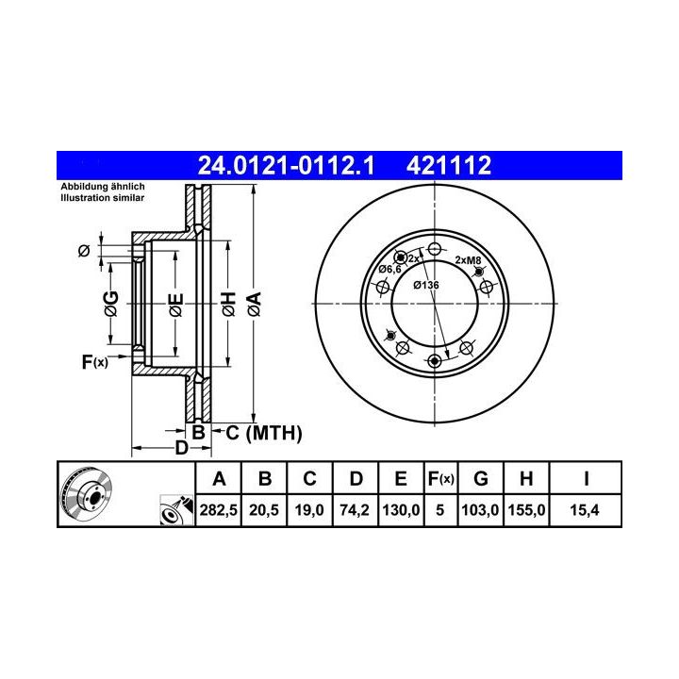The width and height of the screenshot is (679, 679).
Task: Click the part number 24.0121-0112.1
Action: [286, 165]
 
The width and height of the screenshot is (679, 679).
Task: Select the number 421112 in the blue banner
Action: [449, 165]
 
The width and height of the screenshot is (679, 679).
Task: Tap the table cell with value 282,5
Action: [218, 510]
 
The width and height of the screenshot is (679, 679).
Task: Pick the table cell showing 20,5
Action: [264, 510]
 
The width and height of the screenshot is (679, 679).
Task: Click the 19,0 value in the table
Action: [309, 510]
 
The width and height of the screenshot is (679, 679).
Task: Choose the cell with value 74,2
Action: [355, 510]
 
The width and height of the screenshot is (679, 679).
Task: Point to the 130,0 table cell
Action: [401, 510]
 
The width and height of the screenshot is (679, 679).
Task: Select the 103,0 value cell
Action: [480, 510]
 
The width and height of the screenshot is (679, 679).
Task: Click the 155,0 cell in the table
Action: [526, 510]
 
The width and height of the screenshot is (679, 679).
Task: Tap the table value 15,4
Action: [585, 510]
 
